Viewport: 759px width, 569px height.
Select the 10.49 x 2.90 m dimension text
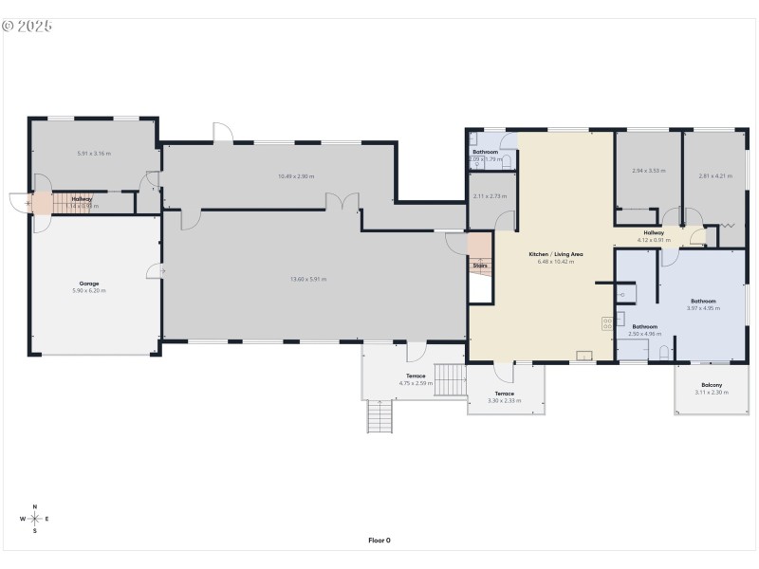tap(296, 175)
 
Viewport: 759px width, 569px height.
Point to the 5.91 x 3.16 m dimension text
tap(94, 153)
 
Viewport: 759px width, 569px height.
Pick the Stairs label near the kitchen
tap(480, 266)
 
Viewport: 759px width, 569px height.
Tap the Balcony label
tap(711, 385)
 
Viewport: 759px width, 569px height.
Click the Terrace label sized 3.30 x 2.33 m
tap(504, 394)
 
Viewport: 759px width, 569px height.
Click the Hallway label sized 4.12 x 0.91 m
tap(654, 232)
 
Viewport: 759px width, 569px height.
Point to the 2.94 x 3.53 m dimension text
tap(648, 171)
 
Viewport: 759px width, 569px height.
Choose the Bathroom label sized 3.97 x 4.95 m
tap(702, 302)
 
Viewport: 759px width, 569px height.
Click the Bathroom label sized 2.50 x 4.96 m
tap(645, 327)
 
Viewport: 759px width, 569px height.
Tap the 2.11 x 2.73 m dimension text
tap(490, 196)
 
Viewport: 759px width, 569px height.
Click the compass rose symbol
tap(35, 519)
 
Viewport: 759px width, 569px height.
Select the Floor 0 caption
tap(379, 541)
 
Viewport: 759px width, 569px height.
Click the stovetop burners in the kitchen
tap(606, 323)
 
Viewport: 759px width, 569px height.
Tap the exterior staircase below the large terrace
tap(379, 416)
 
